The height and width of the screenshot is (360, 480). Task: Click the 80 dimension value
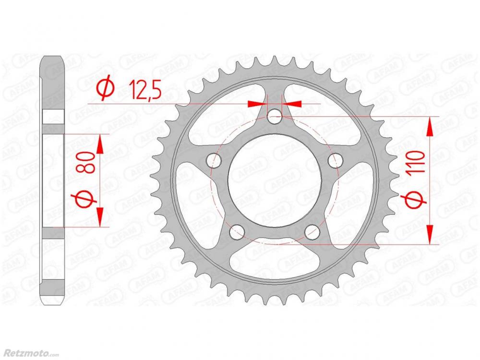[90, 163]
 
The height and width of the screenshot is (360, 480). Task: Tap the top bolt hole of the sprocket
[275, 116]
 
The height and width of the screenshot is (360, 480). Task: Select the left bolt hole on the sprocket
[214, 160]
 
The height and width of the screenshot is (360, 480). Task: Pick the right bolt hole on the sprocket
[335, 160]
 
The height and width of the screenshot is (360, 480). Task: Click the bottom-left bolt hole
[237, 233]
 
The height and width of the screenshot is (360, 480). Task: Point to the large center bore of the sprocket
[275, 181]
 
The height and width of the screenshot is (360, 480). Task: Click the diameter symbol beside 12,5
[106, 89]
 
